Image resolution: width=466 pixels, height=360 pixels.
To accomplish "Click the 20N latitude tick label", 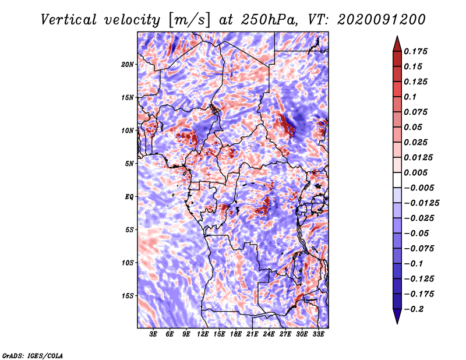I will tap(128, 64).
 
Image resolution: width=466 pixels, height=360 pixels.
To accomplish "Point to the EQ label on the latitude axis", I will tap(129, 196).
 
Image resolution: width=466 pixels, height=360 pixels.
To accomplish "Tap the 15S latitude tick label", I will tap(128, 295).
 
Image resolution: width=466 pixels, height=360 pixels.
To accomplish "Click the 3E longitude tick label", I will tap(153, 335).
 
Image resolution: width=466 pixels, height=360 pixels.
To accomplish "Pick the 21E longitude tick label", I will tap(252, 335).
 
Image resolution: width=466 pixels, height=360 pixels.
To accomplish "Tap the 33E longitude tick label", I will tap(318, 335).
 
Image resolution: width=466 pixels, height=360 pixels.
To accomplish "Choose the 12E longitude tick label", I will tap(203, 335).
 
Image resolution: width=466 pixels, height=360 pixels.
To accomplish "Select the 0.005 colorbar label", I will tap(418, 172).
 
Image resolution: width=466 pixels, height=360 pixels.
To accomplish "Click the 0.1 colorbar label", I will tap(411, 97).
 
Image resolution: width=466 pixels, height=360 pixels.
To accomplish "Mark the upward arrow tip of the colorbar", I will tap(396, 37).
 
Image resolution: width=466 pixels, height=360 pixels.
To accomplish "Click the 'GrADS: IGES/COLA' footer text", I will tap(32, 355).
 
